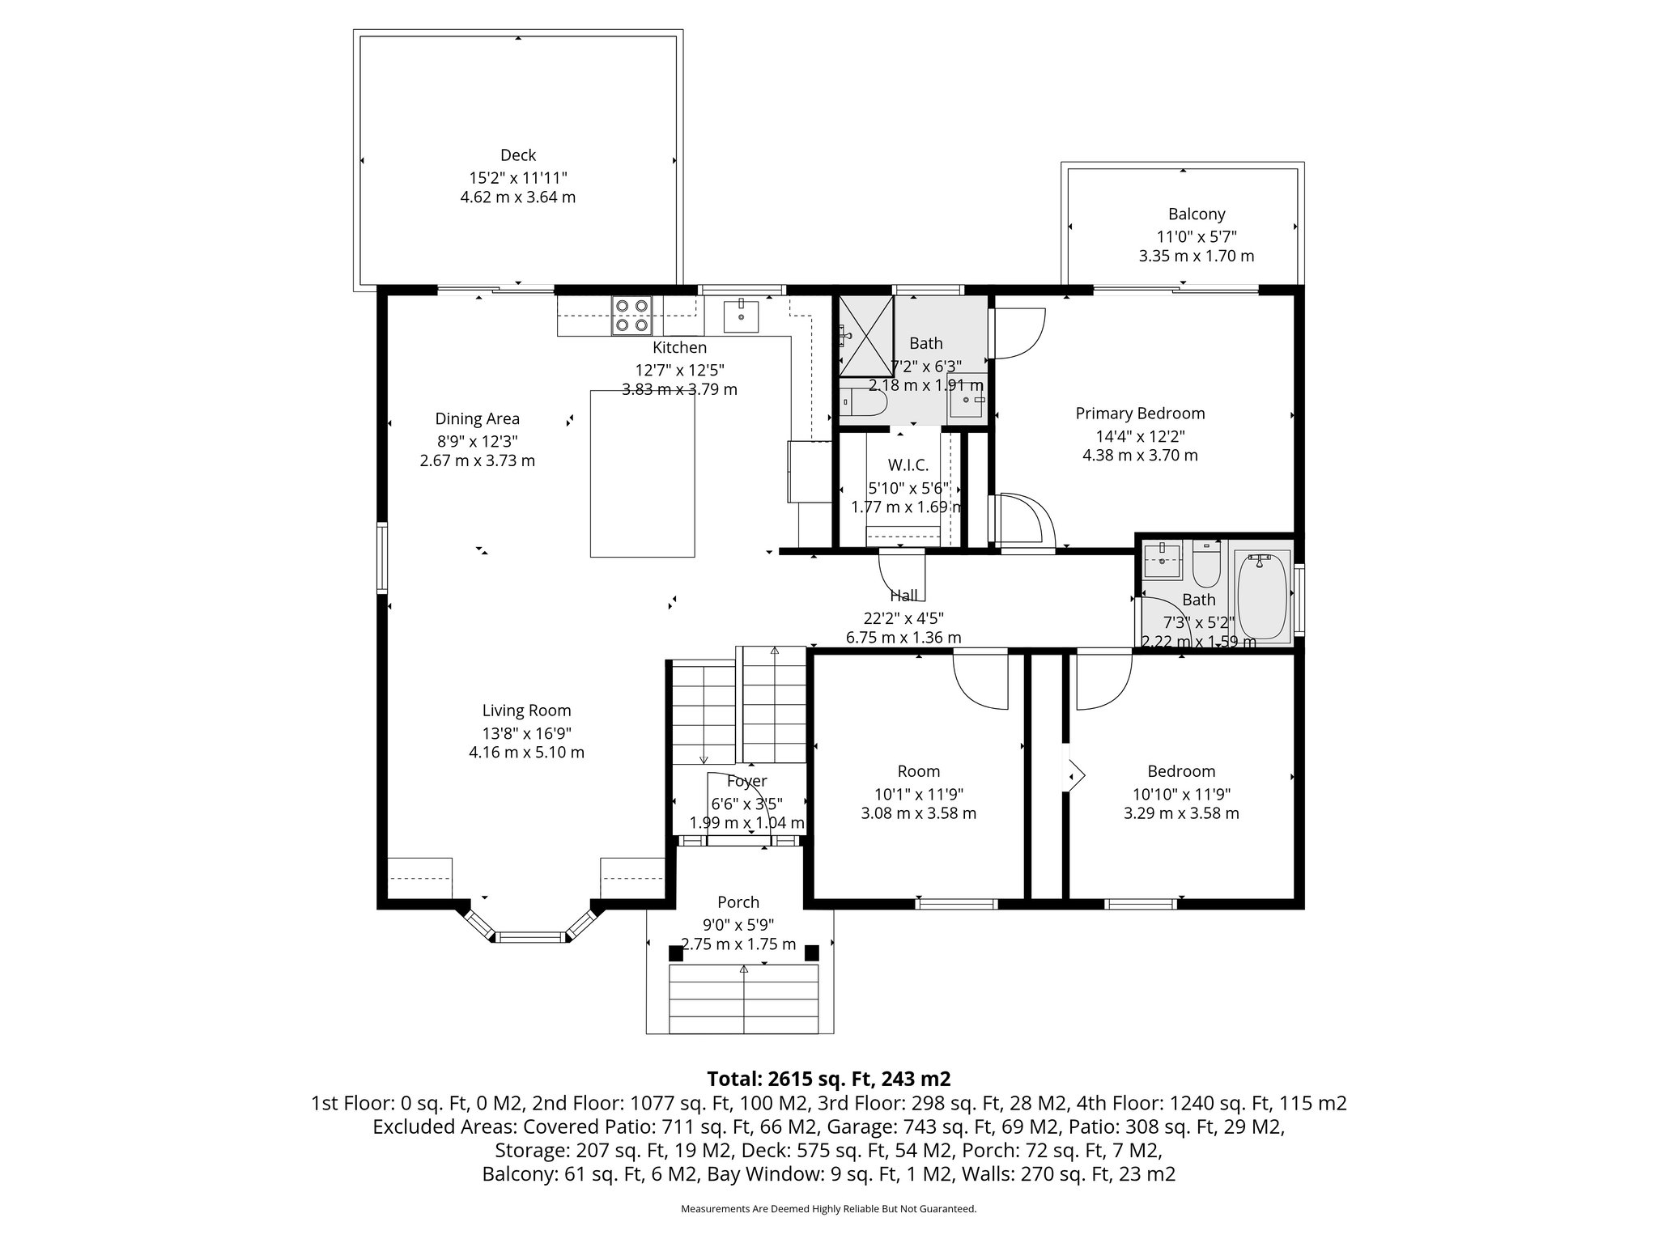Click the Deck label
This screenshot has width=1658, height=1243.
[517, 155]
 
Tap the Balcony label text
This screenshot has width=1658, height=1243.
[1196, 214]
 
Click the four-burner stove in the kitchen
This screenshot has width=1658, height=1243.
[632, 316]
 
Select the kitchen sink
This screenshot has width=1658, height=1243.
[741, 316]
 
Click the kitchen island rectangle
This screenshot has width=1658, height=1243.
[642, 473]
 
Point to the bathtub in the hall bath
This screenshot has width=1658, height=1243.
[1262, 596]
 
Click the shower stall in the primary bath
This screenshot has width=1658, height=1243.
[865, 336]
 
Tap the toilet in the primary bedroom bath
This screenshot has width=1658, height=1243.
[862, 402]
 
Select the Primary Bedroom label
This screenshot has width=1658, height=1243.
[1139, 414]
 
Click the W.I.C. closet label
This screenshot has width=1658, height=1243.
[908, 465]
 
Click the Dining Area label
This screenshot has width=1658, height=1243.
[477, 418]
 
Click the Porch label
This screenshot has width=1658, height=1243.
[738, 901]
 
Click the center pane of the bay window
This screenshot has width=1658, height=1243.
[529, 937]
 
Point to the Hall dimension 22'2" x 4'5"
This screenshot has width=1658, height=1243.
[903, 618]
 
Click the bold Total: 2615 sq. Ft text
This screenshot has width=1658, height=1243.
[828, 1079]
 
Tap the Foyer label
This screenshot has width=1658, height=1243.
[746, 781]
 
